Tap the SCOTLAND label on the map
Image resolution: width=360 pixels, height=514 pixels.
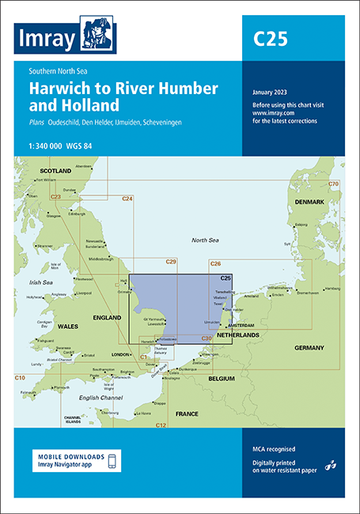pyautogui.click(x=56, y=171)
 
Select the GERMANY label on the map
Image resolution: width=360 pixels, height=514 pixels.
pyautogui.click(x=309, y=348)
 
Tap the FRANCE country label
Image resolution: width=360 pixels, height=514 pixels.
pyautogui.click(x=187, y=414)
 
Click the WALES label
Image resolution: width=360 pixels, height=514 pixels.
pyautogui.click(x=69, y=325)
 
